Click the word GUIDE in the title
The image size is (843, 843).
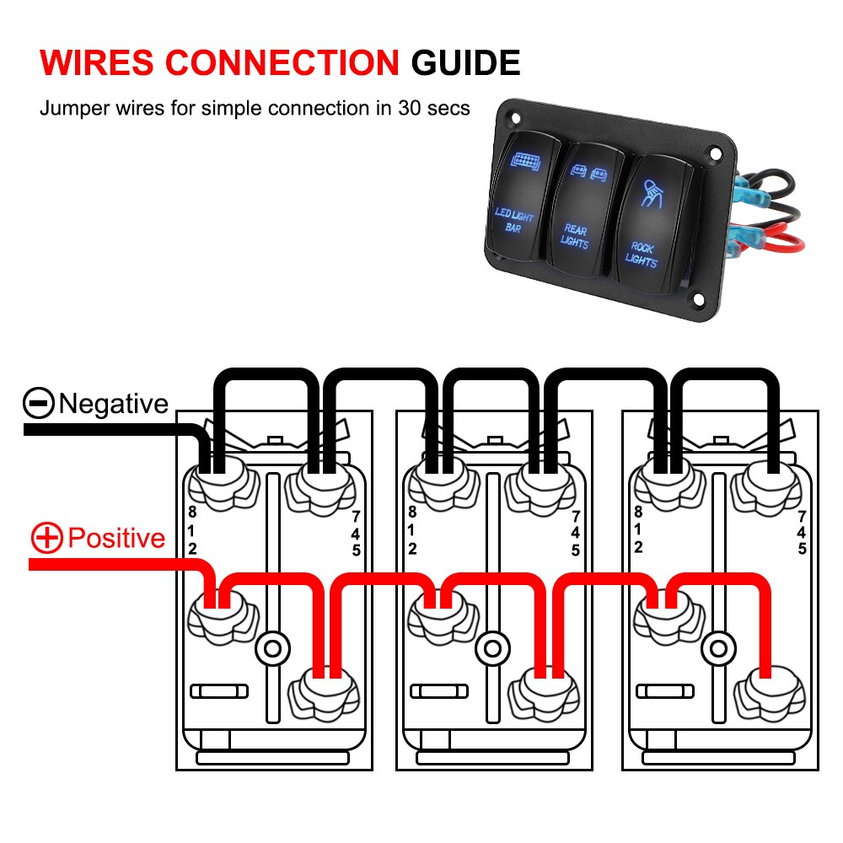point(465,64)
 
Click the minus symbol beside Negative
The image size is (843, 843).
point(39,404)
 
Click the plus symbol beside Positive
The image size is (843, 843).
point(47,538)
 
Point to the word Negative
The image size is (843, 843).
point(113,404)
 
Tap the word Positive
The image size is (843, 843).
point(116,538)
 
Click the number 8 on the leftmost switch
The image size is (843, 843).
point(191,512)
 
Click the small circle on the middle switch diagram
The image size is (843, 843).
point(491,649)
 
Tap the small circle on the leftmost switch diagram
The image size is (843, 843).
point(271,649)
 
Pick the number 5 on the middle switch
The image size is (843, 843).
point(576,550)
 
